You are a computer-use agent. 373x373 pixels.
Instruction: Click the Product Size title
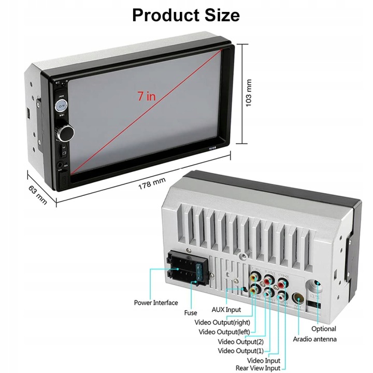(x=186, y=15)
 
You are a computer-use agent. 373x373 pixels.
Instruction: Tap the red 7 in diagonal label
(x=147, y=96)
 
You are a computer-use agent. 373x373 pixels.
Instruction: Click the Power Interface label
(x=155, y=303)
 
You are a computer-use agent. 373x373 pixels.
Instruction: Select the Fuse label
(x=190, y=313)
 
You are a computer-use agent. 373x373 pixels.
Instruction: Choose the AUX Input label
(x=226, y=310)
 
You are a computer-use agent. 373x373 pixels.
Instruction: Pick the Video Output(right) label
(x=225, y=322)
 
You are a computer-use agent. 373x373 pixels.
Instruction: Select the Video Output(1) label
(x=240, y=351)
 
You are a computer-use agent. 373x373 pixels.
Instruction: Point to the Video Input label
(x=264, y=360)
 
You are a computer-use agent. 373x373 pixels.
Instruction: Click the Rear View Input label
(x=258, y=368)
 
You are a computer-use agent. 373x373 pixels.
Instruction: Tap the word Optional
(x=324, y=328)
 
